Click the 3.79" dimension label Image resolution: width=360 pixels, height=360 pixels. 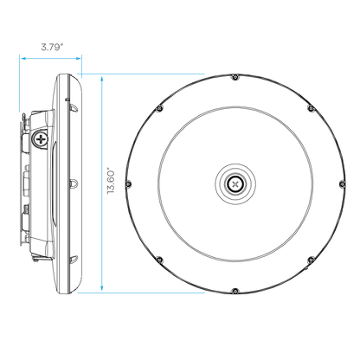pyautogui.click(x=52, y=47)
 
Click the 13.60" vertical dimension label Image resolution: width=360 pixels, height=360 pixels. pyautogui.click(x=111, y=181)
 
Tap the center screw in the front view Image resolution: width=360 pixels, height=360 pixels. pyautogui.click(x=235, y=183)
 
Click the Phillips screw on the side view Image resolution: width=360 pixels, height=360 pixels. pyautogui.click(x=42, y=139)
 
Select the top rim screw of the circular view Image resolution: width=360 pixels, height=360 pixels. pyautogui.click(x=235, y=77)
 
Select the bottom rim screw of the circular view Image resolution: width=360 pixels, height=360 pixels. pyautogui.click(x=235, y=291)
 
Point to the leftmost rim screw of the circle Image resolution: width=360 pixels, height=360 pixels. pyautogui.click(x=129, y=183)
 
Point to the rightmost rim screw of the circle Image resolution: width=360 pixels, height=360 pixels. pyautogui.click(x=343, y=183)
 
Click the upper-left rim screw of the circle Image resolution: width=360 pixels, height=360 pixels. pyautogui.click(x=160, y=108)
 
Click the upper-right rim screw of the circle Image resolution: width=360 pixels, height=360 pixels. pyautogui.click(x=311, y=108)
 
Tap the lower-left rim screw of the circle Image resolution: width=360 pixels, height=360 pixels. pyautogui.click(x=160, y=260)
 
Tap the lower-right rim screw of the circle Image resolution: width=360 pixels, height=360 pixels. pyautogui.click(x=311, y=260)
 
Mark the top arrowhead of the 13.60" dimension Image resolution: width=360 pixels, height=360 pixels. pyautogui.click(x=102, y=79)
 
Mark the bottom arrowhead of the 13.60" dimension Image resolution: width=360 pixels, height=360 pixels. pyautogui.click(x=102, y=288)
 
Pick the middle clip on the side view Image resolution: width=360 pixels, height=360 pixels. pyautogui.click(x=74, y=183)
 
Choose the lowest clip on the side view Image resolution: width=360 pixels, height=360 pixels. pyautogui.click(x=74, y=260)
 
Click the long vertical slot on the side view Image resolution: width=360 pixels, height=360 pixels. pyautogui.click(x=53, y=183)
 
